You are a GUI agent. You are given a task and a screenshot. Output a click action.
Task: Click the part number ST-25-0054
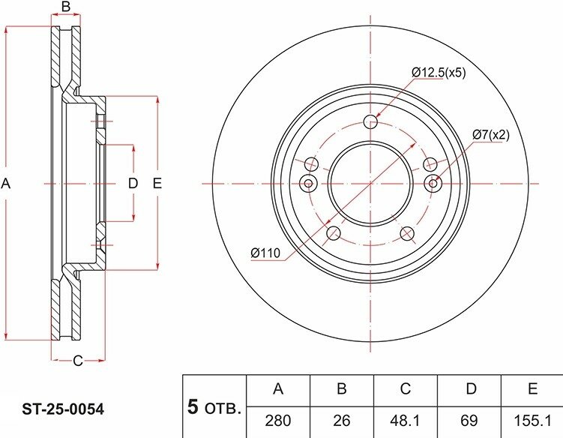(63, 409)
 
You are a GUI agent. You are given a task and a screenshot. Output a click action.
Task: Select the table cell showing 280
(278, 421)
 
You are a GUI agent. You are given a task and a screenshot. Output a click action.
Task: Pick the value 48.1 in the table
(405, 421)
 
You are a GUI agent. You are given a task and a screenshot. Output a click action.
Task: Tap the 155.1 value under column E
(532, 421)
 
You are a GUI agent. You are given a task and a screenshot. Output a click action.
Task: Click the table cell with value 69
(469, 421)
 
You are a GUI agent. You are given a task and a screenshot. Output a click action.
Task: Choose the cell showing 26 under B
(341, 421)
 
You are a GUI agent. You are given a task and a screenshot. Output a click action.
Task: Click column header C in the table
(405, 388)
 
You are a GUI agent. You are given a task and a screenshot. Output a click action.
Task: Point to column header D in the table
(471, 388)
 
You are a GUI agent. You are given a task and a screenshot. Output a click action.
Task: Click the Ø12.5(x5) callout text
(439, 73)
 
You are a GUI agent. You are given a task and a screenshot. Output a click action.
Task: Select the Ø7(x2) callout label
(490, 135)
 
